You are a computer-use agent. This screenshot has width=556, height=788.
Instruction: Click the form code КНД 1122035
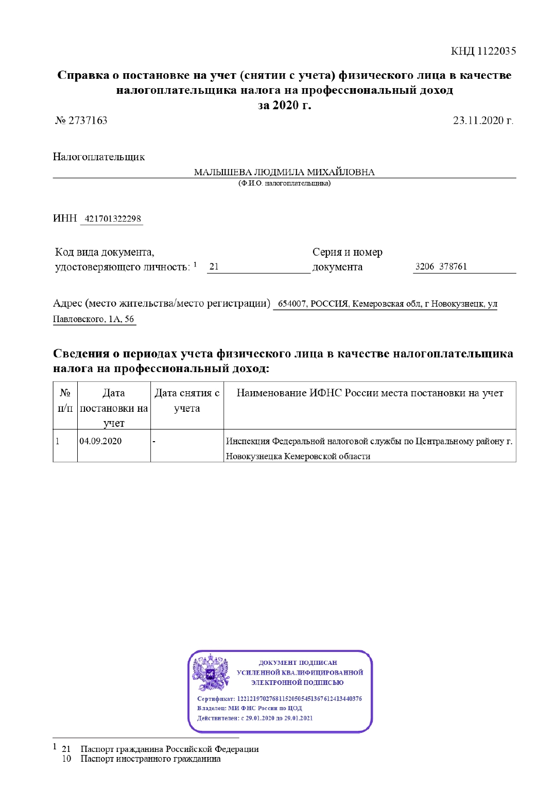(x=483, y=51)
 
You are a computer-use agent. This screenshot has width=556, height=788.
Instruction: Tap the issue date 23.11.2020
(x=482, y=121)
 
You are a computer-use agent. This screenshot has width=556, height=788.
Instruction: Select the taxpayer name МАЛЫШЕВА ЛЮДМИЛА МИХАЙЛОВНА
(x=284, y=172)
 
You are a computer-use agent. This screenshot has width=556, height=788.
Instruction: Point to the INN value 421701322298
(x=113, y=219)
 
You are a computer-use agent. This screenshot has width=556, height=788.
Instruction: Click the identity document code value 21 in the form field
(x=214, y=267)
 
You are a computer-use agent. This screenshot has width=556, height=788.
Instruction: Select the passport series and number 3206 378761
(x=441, y=266)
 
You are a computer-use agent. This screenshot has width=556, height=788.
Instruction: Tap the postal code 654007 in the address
(x=292, y=304)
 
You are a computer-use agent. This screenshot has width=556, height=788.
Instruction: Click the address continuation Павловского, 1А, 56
(x=94, y=319)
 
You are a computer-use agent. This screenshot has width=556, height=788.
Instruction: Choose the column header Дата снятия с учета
(x=187, y=400)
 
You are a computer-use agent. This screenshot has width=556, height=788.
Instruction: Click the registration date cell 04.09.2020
(x=101, y=441)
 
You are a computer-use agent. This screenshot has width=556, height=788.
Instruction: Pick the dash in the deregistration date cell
(x=154, y=442)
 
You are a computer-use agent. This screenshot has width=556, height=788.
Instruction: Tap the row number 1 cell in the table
(x=58, y=441)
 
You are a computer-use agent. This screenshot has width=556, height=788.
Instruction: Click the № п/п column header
(x=65, y=400)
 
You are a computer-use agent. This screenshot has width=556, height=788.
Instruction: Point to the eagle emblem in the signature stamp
(x=210, y=673)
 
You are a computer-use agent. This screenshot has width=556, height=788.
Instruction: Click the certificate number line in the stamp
(x=280, y=699)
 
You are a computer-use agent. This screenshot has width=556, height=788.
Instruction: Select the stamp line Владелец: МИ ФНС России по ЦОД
(x=250, y=708)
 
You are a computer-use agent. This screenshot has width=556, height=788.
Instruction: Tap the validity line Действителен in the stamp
(x=255, y=718)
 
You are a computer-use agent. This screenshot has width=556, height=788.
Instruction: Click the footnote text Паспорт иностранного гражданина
(x=150, y=759)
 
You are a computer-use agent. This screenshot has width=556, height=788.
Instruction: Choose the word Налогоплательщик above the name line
(x=99, y=157)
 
